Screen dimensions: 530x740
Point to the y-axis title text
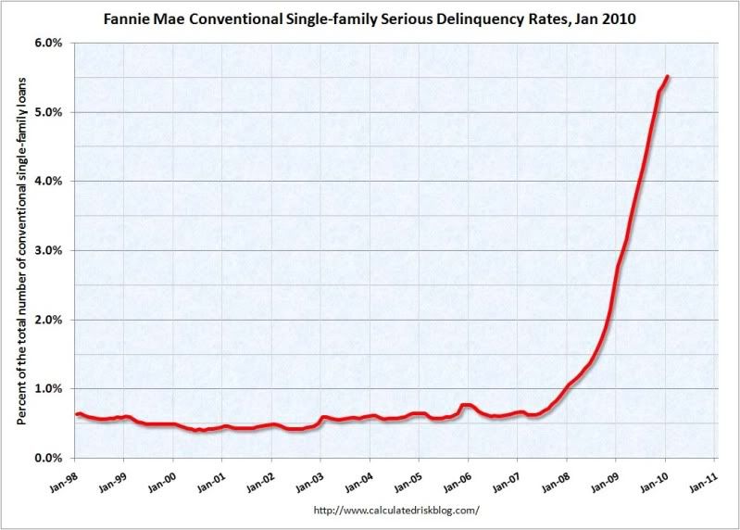[20, 250]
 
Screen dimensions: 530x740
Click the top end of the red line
[669, 77]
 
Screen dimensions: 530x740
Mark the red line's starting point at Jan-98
[77, 414]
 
